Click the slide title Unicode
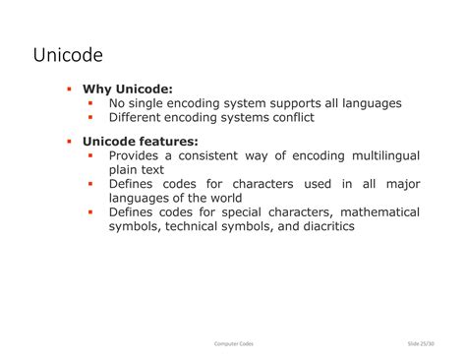pyautogui.click(x=68, y=54)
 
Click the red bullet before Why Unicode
pyautogui.click(x=69, y=89)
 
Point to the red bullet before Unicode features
pyautogui.click(x=69, y=141)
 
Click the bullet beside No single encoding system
pyautogui.click(x=89, y=102)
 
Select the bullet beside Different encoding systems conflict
pyautogui.click(x=89, y=117)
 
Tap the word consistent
pyautogui.click(x=217, y=155)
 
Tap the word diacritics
pyautogui.click(x=321, y=226)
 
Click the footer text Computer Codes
pyautogui.click(x=233, y=343)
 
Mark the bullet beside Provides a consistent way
pyautogui.click(x=89, y=155)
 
